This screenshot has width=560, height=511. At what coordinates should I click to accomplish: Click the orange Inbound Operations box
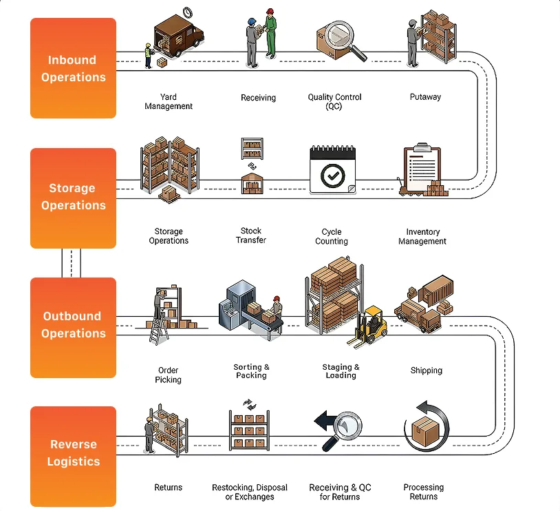point(73,68)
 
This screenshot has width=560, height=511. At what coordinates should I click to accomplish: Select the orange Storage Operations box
point(73,197)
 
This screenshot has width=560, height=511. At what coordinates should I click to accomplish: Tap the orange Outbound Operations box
point(73,326)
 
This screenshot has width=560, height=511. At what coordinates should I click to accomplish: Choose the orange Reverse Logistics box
point(73,454)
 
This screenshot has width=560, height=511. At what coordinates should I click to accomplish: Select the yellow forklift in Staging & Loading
point(369,326)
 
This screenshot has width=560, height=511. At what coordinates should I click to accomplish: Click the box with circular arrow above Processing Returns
point(426,428)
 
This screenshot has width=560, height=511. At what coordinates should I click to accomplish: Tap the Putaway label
point(425,97)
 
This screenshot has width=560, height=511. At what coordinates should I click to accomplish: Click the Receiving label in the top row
point(258,98)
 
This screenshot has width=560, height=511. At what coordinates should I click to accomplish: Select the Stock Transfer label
point(251,236)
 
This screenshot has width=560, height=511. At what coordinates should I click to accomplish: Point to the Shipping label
point(427,371)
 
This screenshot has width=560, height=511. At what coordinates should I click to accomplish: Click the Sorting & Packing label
point(251,371)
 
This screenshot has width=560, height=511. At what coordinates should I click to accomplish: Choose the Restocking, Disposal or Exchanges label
point(250,492)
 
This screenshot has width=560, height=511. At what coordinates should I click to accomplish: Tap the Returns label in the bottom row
point(169,488)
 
